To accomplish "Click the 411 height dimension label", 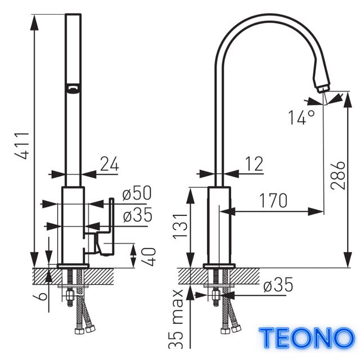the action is (x=23, y=146).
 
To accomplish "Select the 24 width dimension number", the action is (x=109, y=164).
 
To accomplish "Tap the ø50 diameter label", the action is (x=137, y=193).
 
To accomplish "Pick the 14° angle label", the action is (x=302, y=117).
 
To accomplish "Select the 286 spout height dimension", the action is (x=338, y=175).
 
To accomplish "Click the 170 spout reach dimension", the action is (x=273, y=200).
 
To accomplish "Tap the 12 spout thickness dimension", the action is (x=254, y=164).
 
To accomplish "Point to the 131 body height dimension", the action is (x=180, y=226).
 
